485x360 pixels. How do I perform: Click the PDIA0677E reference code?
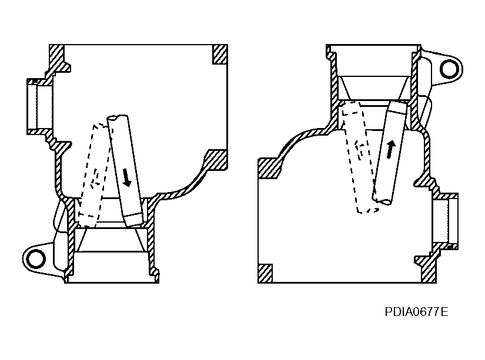(416, 312)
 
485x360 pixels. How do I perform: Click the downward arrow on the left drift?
(126, 177)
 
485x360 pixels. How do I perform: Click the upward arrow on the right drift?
(391, 149)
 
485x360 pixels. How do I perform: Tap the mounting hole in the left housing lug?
(35, 258)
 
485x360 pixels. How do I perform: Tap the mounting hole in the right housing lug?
(449, 69)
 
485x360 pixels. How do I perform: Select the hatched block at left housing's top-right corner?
(220, 55)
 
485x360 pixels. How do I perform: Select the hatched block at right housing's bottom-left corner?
(265, 274)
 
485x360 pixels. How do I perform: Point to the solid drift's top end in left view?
(117, 117)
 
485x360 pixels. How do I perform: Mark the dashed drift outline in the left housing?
(93, 174)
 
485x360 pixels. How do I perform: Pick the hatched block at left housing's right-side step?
(216, 160)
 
